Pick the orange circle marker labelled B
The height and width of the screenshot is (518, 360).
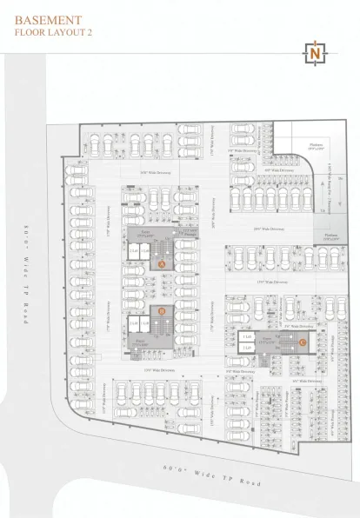pyautogui.click(x=162, y=309)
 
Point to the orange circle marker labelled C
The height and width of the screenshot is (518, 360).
pyautogui.click(x=301, y=342)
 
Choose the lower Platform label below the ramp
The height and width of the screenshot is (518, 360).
pyautogui.click(x=330, y=236)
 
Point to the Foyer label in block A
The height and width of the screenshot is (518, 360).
pyautogui.click(x=145, y=232)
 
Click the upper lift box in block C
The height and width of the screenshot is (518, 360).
pyautogui.click(x=248, y=336)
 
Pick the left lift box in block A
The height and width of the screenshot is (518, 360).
pyautogui.click(x=133, y=251)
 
